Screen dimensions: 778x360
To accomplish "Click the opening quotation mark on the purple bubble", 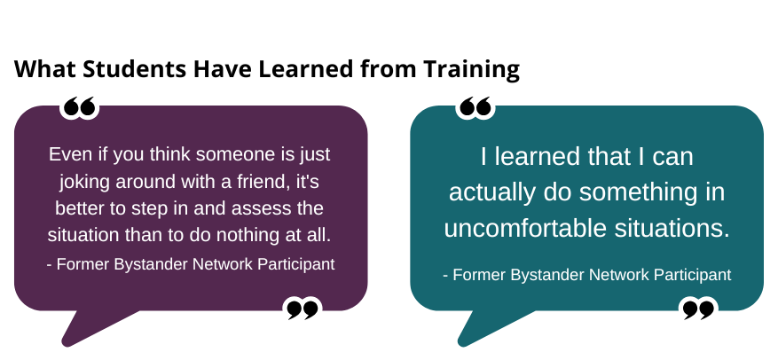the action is tap(79, 106).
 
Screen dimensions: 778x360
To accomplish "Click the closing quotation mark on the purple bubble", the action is tap(303, 309).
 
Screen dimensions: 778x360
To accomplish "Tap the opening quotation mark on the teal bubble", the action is tap(475, 106).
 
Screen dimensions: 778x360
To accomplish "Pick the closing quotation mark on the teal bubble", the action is tap(698, 309).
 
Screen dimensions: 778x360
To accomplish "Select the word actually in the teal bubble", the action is tap(491, 193).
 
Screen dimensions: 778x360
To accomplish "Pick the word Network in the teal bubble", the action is tap(618, 275).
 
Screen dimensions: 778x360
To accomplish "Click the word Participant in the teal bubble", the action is tap(692, 275).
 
